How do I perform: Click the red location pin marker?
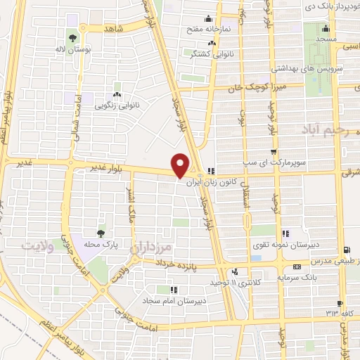tap(181, 165)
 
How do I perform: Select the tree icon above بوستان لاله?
tap(72, 38)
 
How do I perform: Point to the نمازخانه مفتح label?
tap(204, 29)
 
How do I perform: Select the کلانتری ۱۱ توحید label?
tap(234, 282)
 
